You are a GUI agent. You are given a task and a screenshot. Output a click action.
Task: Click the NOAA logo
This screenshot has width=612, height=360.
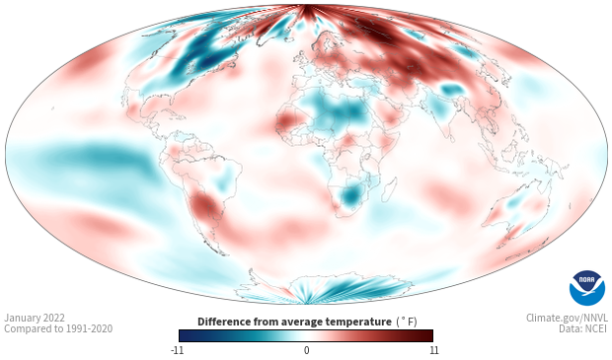click(x=587, y=288)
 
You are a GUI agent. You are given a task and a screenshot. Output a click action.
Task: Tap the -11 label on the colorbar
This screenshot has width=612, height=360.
click(x=177, y=350)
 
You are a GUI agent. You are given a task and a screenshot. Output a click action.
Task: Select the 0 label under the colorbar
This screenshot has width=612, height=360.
click(x=306, y=350)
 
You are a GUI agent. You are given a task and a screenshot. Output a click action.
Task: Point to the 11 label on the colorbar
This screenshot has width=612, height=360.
click(x=433, y=350)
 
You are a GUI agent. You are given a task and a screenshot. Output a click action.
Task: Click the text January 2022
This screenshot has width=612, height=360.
click(x=35, y=318)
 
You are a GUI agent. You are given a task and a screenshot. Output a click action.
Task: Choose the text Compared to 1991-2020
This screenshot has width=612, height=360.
click(x=58, y=328)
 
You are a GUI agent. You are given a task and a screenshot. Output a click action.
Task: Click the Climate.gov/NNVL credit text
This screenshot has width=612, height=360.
click(x=567, y=318)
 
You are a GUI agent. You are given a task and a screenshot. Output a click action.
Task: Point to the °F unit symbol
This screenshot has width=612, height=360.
click(x=407, y=323)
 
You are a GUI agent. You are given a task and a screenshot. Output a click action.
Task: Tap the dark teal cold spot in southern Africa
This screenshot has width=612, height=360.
click(x=350, y=195)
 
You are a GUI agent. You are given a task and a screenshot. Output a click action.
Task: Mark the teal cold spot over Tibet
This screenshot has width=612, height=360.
click(x=453, y=90)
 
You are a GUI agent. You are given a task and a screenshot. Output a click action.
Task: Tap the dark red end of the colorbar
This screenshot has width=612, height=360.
click(x=427, y=335)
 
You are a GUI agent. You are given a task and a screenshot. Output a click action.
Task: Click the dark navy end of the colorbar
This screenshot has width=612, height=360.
click(x=185, y=335)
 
